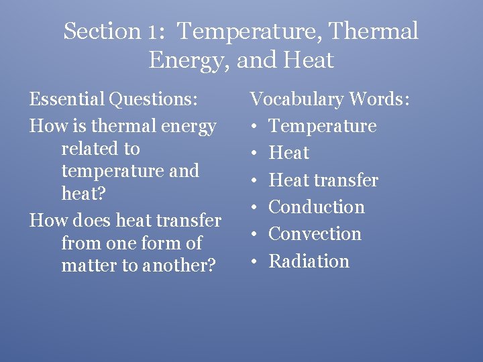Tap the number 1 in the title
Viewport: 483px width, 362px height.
click(154, 32)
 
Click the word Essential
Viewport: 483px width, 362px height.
click(66, 100)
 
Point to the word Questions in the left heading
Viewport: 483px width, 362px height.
click(154, 101)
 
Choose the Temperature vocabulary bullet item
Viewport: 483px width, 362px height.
click(323, 126)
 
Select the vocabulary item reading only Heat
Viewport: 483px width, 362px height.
click(288, 153)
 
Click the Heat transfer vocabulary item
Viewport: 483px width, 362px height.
click(323, 180)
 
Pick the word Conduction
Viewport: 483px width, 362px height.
click(317, 207)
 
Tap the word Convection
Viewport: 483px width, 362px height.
click(315, 234)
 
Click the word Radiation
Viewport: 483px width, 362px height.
click(309, 261)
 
